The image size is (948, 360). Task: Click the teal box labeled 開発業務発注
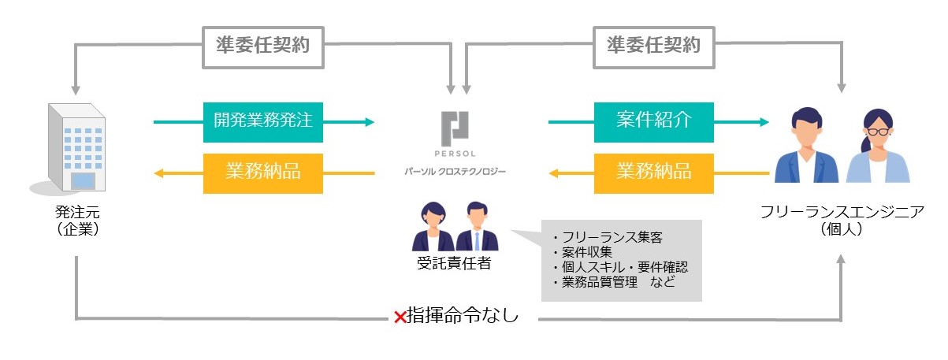(263, 122)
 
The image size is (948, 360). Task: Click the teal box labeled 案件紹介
(654, 122)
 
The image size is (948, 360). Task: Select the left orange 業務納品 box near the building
(263, 173)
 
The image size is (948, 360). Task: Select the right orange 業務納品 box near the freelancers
(654, 173)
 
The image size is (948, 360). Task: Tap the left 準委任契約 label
(262, 46)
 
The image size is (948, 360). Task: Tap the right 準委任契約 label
(653, 46)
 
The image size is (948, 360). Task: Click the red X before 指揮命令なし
(400, 317)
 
